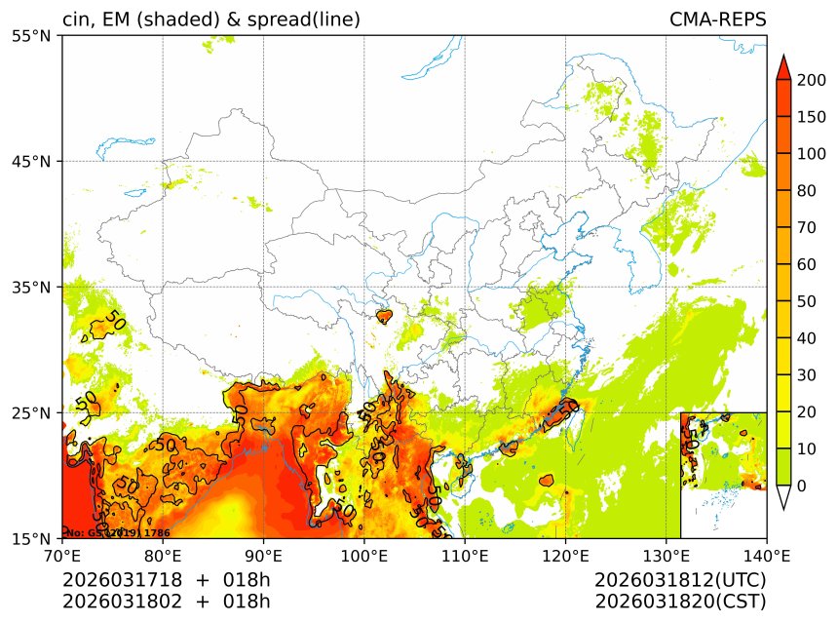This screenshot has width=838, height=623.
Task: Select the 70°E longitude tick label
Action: tap(62, 556)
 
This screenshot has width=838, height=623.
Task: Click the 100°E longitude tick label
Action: tap(363, 556)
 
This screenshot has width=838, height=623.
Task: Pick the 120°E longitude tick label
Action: tap(565, 556)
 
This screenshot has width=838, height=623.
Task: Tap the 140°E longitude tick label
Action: tap(766, 556)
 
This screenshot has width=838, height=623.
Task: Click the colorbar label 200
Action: tap(812, 80)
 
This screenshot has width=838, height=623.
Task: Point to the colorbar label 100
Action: tap(812, 154)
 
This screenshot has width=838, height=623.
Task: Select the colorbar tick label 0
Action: tap(801, 486)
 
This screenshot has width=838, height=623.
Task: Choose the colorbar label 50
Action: tap(807, 301)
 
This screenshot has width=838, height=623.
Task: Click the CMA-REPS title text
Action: tap(717, 19)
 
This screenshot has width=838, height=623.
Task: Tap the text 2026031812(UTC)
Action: tap(680, 580)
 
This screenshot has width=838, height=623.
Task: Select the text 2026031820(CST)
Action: tap(680, 601)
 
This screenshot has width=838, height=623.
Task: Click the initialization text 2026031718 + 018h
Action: tap(166, 580)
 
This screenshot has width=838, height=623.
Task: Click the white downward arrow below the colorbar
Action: tap(782, 497)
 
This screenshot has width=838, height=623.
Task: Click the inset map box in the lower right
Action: tap(723, 475)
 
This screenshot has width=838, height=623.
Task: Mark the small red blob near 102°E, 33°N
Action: tap(384, 316)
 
